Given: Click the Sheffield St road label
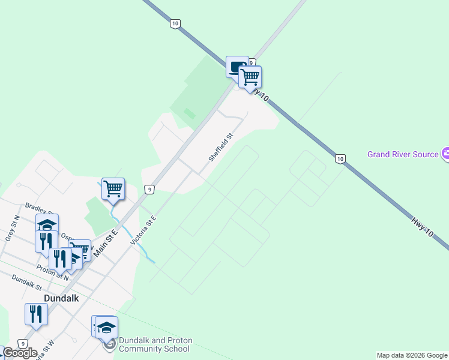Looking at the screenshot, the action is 220,148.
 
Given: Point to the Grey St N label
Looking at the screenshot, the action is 12,228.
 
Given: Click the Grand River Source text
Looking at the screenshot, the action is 403,154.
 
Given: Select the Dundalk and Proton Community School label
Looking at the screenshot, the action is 155,344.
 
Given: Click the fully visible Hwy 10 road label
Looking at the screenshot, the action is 426,229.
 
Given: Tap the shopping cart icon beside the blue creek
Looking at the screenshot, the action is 113,189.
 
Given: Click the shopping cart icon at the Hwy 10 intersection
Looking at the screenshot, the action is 250,77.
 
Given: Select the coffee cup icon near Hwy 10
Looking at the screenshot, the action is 235,66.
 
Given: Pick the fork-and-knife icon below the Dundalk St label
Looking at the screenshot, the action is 36,313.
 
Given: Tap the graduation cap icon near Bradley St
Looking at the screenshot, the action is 47,224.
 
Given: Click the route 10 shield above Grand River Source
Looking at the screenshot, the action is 340,158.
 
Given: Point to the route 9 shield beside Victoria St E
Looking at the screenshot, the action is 150,190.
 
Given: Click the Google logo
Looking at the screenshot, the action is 19,353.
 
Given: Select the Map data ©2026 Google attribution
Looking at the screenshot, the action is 412,355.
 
